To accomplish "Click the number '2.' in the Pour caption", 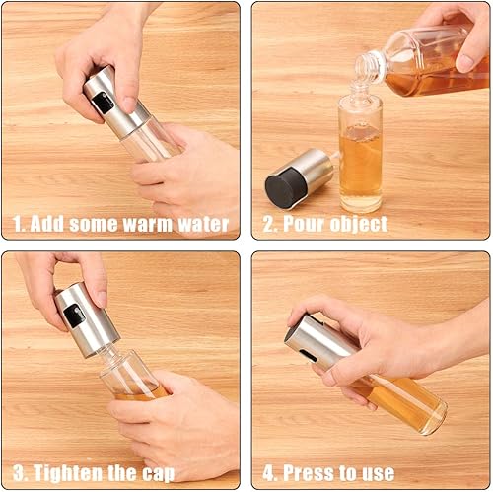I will click(x=269, y=224).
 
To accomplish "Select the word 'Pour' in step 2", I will click(x=304, y=224).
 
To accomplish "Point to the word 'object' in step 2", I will click(x=358, y=224).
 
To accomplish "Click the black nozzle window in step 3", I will click(x=73, y=316).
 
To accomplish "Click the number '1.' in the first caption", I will click(x=18, y=224).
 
